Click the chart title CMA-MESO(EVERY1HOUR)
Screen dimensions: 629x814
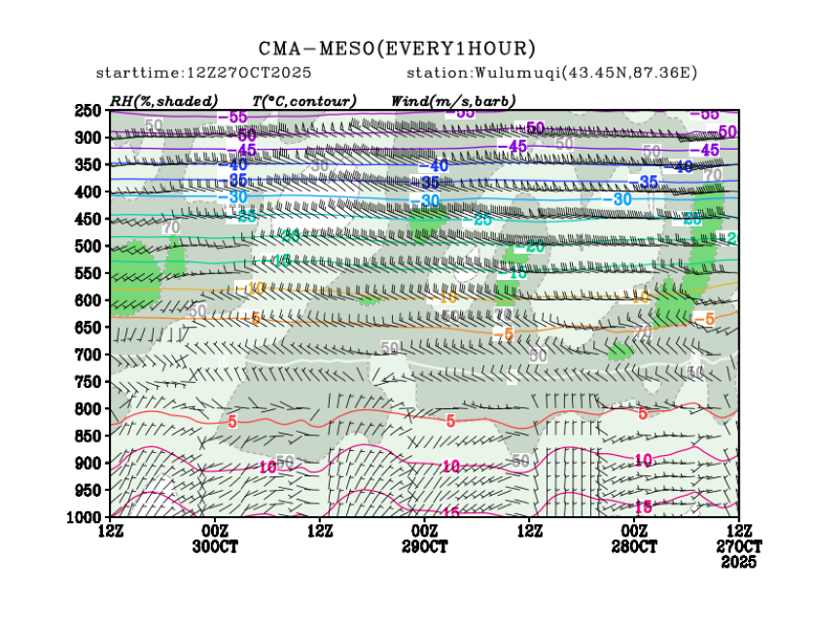click(397, 48)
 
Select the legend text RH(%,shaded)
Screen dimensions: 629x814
click(163, 101)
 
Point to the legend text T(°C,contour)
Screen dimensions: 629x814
click(303, 101)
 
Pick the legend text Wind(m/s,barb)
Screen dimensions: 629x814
click(453, 101)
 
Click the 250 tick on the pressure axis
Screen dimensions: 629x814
click(89, 111)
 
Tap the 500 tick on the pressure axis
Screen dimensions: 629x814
click(89, 246)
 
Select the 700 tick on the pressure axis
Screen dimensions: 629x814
click(89, 354)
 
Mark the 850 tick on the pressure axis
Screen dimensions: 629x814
click(89, 435)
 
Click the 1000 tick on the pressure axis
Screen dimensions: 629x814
click(88, 515)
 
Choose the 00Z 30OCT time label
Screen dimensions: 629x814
click(215, 539)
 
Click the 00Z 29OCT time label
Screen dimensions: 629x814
click(425, 539)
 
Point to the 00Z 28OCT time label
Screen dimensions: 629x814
click(635, 539)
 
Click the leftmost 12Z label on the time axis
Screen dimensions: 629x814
click(110, 531)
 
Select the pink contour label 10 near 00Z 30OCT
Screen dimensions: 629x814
click(269, 468)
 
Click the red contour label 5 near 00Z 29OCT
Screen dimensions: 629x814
click(450, 421)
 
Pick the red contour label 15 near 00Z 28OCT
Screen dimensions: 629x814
click(643, 507)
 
